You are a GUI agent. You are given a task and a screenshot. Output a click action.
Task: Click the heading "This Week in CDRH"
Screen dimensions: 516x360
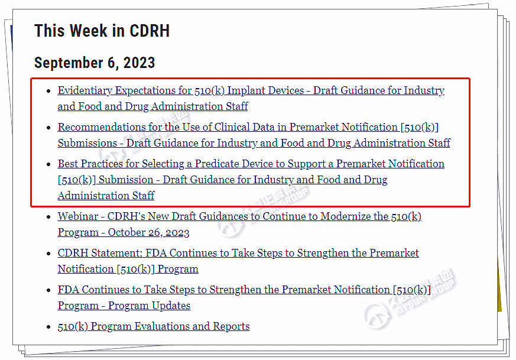coord(102,31)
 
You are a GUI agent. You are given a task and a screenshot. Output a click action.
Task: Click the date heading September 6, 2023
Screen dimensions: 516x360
coord(95,63)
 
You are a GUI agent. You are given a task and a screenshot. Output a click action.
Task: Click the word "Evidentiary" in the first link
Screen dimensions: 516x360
coord(85,90)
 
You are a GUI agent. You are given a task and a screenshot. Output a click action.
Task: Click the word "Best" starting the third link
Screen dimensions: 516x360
coord(68,164)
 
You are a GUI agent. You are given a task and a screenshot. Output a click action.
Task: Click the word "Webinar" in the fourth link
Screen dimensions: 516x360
coord(78,216)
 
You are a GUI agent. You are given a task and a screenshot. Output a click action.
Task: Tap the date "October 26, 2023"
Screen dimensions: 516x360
coord(149,232)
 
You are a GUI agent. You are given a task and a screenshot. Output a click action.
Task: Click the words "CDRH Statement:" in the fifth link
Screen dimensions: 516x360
coord(100,253)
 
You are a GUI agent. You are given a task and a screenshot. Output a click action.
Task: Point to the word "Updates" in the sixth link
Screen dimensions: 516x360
coord(171,306)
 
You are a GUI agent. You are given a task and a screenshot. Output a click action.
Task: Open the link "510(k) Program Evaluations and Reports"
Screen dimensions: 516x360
coord(154,326)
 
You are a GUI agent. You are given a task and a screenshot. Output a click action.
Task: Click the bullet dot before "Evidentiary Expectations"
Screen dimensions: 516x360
coord(48,91)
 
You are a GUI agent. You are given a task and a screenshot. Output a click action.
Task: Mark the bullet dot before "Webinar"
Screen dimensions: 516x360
coord(48,217)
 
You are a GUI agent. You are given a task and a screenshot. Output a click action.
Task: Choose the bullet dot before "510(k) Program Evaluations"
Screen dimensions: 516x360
coord(48,327)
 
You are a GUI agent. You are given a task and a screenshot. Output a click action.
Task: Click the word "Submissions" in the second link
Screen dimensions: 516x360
coord(87,143)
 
